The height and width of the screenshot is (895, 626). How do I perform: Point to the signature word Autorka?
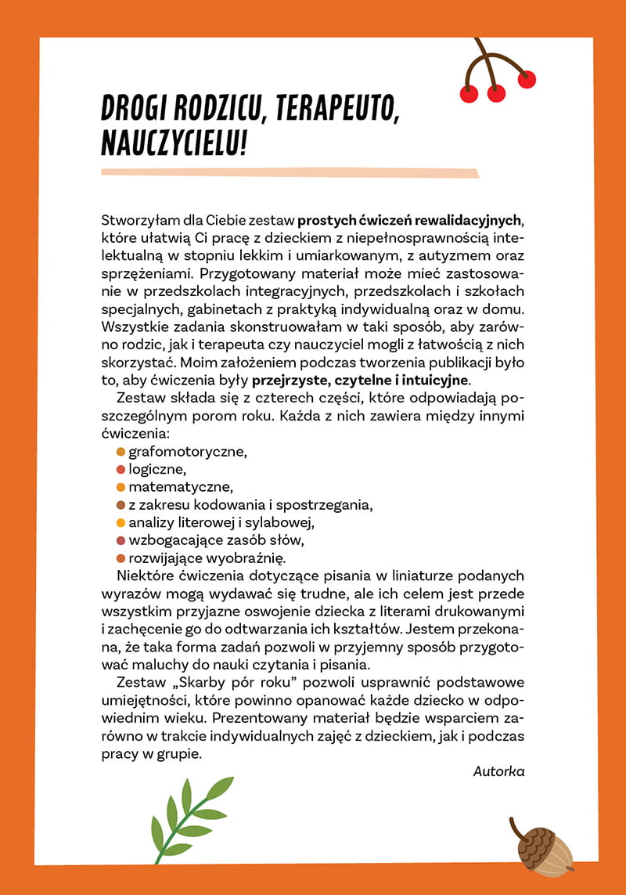[498, 770]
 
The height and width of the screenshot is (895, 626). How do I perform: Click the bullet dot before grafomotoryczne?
[121, 452]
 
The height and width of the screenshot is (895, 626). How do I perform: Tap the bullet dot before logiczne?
[121, 470]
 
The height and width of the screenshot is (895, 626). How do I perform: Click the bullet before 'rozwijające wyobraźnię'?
[121, 558]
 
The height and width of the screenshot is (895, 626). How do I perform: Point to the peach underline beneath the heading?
[290, 172]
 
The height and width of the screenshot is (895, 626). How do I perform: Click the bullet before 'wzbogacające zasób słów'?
[121, 540]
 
